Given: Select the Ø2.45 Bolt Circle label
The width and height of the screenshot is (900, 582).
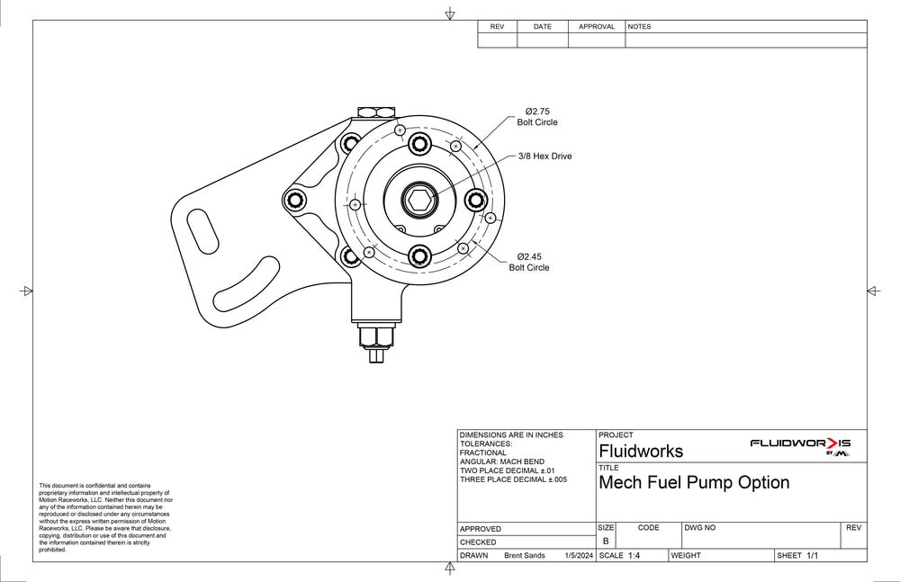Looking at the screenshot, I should pos(528,262).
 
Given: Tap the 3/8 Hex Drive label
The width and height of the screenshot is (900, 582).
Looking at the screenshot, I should pos(544,157).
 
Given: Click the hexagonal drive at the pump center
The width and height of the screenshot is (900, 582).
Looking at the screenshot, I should pos(418,200).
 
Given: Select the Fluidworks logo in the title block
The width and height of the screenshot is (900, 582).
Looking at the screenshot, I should pos(800,445).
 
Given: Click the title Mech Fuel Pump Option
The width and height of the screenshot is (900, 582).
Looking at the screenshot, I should pos(694,482).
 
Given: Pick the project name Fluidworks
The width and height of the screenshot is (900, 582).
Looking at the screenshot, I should pos(641,451).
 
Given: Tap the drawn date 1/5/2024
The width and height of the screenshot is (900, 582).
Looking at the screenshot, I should pos(578,556).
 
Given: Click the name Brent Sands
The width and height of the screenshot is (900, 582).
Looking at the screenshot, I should pos(526,556).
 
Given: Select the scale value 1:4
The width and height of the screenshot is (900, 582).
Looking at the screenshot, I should pos(634,556).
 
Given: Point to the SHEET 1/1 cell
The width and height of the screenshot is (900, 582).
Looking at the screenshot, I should pos(798,556).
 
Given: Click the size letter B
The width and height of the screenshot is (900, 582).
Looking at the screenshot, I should pos(606,542).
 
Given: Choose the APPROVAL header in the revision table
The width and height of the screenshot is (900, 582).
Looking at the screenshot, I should pos(596,27).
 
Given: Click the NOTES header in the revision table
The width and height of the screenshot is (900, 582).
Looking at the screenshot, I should pos(639,27).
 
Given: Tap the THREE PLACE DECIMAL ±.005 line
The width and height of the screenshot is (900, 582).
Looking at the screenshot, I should pos(513,479).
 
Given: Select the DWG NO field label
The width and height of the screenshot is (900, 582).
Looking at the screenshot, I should pos(700,528).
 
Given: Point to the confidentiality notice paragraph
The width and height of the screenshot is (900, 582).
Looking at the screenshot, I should pos(105,517).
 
